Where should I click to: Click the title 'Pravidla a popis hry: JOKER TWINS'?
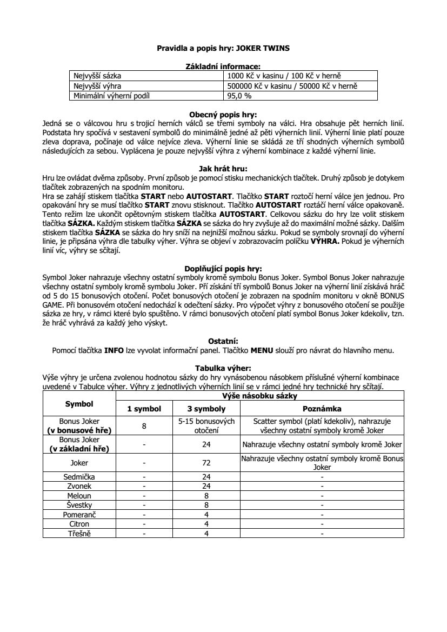point(223,48)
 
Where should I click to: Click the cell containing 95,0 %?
point(239,96)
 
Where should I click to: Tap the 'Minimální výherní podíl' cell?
point(111,96)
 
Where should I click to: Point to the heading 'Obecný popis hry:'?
point(223,115)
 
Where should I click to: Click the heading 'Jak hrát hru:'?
point(223,168)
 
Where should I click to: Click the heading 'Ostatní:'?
point(223,341)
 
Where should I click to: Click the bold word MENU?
point(262,350)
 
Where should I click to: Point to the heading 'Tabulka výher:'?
point(223,368)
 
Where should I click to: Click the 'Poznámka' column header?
point(322,409)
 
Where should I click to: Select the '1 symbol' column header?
point(144,409)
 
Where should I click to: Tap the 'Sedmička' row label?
point(79,477)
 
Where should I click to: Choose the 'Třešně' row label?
point(79,534)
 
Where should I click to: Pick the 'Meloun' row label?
point(79,496)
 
